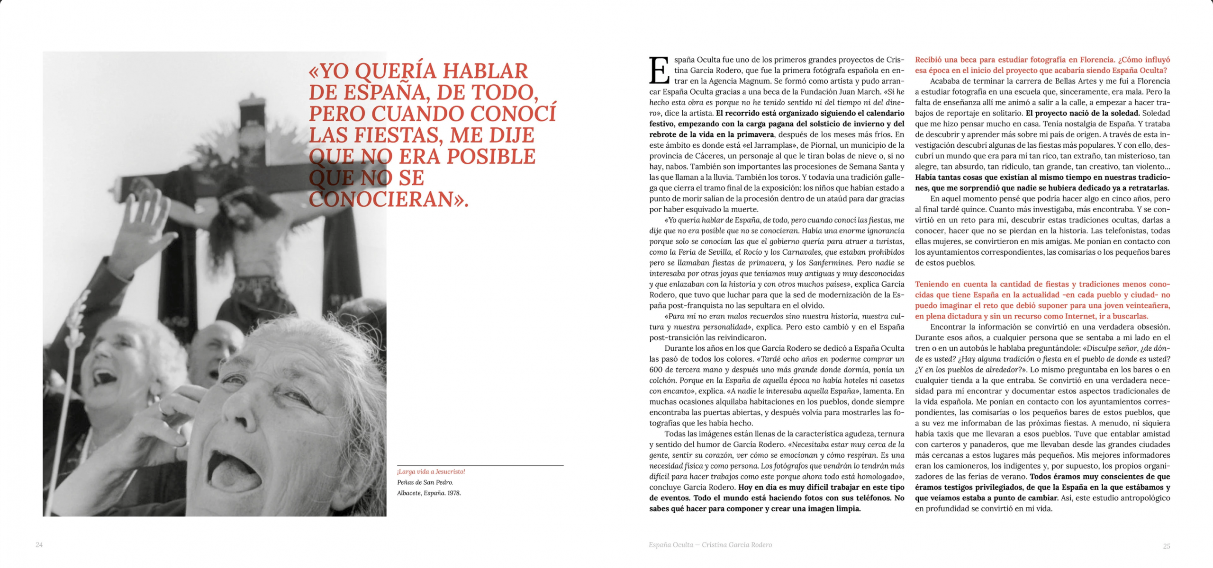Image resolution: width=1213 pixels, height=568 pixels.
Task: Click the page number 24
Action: click(39, 545)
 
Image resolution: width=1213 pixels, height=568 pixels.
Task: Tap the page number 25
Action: click(1167, 546)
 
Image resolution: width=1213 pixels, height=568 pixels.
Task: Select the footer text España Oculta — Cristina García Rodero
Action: click(710, 545)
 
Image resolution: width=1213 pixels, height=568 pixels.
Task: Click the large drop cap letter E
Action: click(659, 71)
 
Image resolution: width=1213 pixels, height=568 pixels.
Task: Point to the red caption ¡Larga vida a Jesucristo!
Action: click(431, 471)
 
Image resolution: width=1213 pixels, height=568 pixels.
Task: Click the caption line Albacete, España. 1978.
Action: click(429, 493)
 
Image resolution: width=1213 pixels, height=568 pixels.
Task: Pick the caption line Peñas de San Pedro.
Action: click(425, 482)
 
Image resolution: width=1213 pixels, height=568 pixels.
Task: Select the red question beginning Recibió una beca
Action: click(1042, 65)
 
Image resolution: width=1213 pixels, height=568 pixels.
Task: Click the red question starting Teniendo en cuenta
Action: click(1042, 300)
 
